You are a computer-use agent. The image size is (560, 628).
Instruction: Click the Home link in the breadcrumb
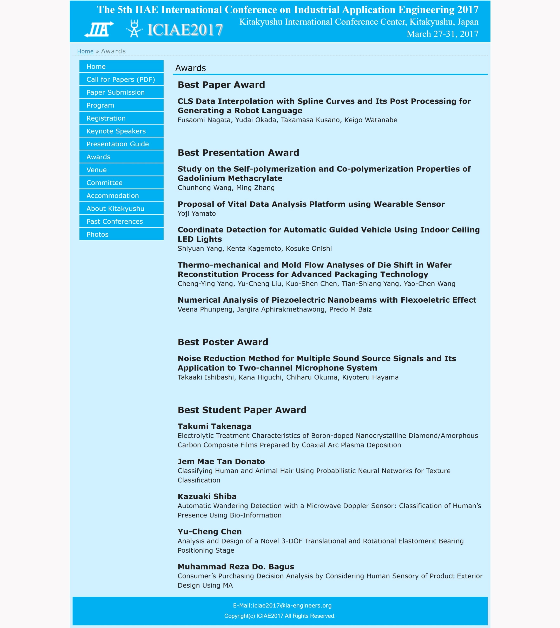pos(85,51)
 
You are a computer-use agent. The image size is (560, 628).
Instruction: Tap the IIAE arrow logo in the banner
pos(99,30)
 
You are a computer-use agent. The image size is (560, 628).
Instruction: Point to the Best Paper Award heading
pos(221,85)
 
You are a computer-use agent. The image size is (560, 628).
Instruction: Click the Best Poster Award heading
pos(223,342)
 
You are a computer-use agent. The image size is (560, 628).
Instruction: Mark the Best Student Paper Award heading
pos(242,410)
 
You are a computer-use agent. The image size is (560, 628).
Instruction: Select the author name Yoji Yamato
pos(197,214)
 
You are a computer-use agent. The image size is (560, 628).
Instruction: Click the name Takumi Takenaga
pos(215,427)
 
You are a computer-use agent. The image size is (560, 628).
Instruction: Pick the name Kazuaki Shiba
pos(207,497)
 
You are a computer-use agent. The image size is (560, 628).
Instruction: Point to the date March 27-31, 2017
pos(442,34)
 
